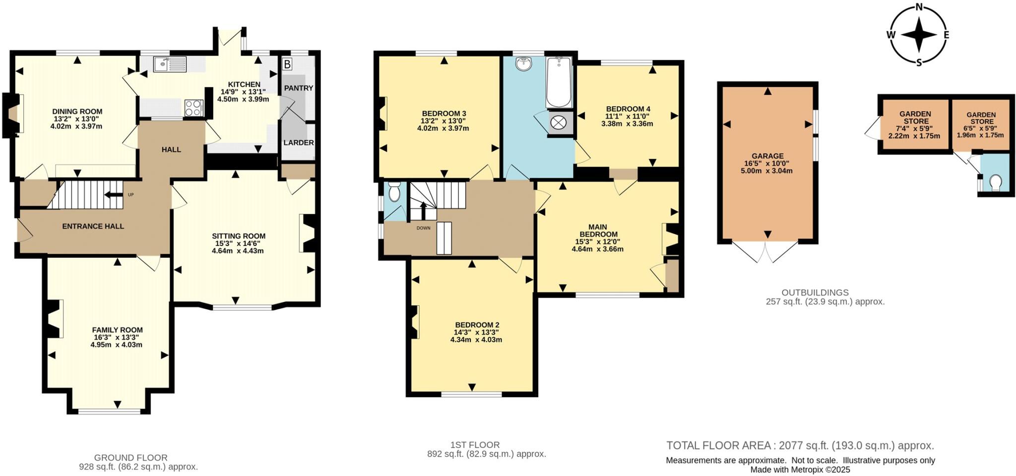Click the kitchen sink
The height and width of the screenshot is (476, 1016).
(x=169, y=64)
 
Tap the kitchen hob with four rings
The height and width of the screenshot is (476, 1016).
(x=193, y=108)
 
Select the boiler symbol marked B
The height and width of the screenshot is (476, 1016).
(x=287, y=64)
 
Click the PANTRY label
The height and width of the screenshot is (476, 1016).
(x=298, y=88)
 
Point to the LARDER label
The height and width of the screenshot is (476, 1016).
(x=298, y=143)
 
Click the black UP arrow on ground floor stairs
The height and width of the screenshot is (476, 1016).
(x=114, y=195)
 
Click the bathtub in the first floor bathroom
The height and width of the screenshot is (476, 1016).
(x=559, y=82)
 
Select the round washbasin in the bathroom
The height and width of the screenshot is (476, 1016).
(x=523, y=64)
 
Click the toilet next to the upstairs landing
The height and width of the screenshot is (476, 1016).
(x=394, y=191)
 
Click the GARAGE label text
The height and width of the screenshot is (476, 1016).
(x=767, y=156)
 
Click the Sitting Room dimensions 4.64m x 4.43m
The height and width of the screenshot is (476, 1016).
(x=238, y=251)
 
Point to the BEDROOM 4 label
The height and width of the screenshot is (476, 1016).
(x=628, y=109)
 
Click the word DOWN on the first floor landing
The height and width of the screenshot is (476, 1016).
(x=423, y=228)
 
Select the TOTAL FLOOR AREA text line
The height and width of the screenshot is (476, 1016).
(x=800, y=445)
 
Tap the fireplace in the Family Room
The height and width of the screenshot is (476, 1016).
(x=54, y=318)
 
